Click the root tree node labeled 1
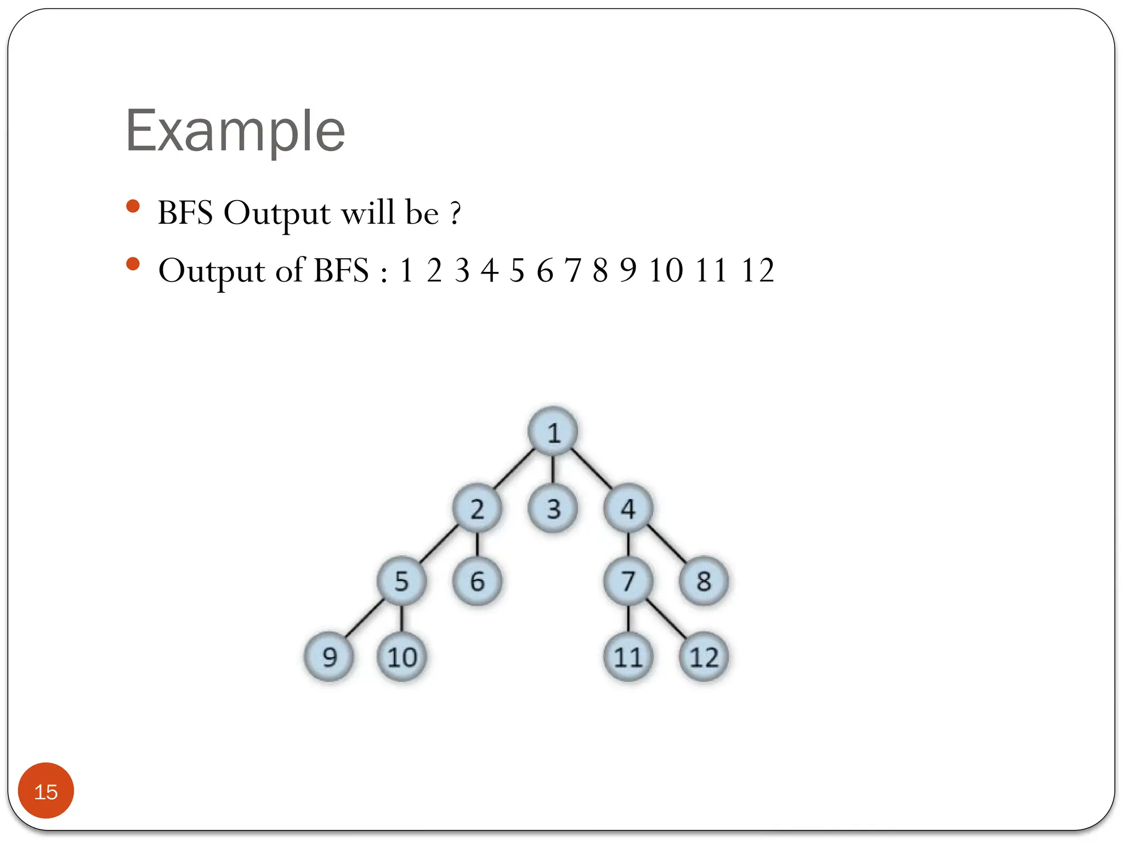click(x=553, y=432)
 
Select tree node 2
click(x=477, y=508)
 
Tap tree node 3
click(x=553, y=508)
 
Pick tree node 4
click(x=628, y=508)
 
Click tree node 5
click(x=401, y=581)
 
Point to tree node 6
click(x=477, y=581)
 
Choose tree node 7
click(x=628, y=581)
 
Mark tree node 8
click(x=704, y=581)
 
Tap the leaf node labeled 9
click(x=329, y=657)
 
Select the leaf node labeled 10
click(x=401, y=657)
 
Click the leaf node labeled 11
click(x=628, y=657)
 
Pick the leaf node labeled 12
click(x=704, y=657)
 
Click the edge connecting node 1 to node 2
click(x=514, y=469)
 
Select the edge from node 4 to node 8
click(x=667, y=544)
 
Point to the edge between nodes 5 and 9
click(x=365, y=618)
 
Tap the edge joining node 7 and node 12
click(x=667, y=618)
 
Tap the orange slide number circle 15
click(x=46, y=791)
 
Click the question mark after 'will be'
click(x=455, y=214)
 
